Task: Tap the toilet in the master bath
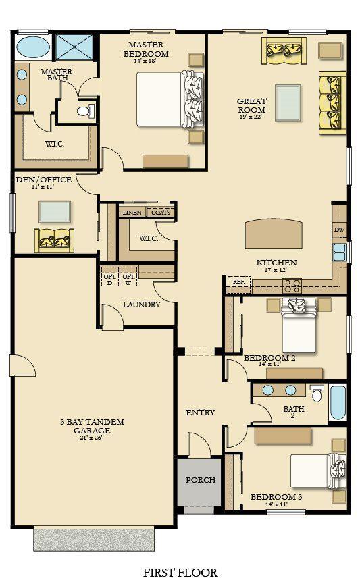tap(86, 110)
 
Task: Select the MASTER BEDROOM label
tap(146, 49)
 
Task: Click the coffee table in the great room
tap(288, 103)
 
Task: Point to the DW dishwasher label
tap(339, 230)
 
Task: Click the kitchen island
tap(273, 234)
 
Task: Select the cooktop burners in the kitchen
tap(292, 285)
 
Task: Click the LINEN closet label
tap(132, 213)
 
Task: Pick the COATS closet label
tap(161, 213)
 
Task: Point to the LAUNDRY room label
tap(142, 305)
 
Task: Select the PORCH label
tap(201, 480)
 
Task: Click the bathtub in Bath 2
tap(338, 403)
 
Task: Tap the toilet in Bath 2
tap(317, 393)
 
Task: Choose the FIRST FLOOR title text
tap(180, 572)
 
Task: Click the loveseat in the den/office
tap(54, 240)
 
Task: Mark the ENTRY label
tap(200, 413)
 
